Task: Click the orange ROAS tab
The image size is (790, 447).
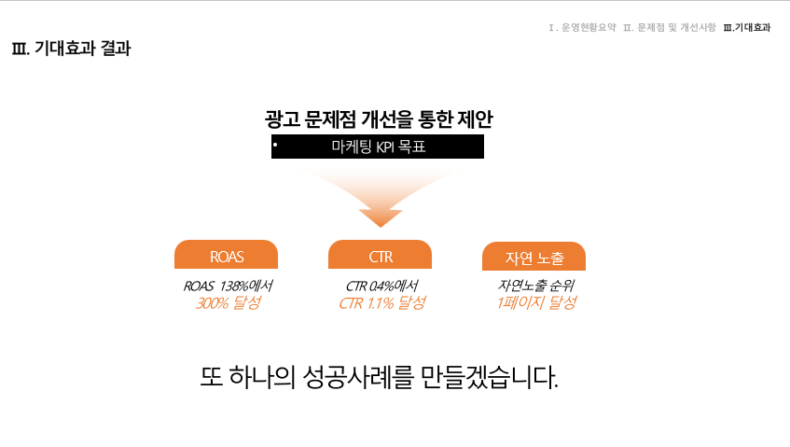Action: coord(227,255)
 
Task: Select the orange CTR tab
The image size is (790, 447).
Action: coord(380,255)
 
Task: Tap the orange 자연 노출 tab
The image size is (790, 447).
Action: coord(534,257)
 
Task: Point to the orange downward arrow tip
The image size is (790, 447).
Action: coord(381,227)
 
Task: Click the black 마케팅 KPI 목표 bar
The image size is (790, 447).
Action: coord(378,147)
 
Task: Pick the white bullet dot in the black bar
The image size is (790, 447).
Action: coord(275,145)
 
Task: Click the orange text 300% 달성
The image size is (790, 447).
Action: coord(229,303)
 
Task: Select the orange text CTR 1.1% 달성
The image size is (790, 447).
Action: coord(382,303)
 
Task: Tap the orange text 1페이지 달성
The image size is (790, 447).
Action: coord(536,302)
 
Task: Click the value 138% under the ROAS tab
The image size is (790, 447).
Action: coord(234,286)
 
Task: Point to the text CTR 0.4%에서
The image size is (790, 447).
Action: coord(381,286)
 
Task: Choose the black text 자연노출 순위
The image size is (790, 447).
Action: coord(536,286)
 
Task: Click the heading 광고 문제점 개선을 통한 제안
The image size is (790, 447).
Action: coord(379,119)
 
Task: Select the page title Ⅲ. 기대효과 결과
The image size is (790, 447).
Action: coord(71,49)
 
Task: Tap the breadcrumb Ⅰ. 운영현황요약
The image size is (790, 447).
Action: coord(582,27)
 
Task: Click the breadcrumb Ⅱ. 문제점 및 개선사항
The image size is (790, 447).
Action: coord(670,27)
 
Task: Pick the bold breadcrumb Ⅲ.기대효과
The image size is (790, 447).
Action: coord(747,27)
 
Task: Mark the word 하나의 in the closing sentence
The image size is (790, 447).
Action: coord(262,377)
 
